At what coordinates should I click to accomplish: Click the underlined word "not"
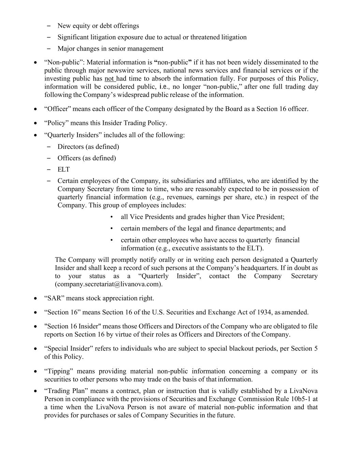109,79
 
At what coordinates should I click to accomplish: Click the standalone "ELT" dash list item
63,170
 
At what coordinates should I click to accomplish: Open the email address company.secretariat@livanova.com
109,284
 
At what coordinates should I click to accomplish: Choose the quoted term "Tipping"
59,371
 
